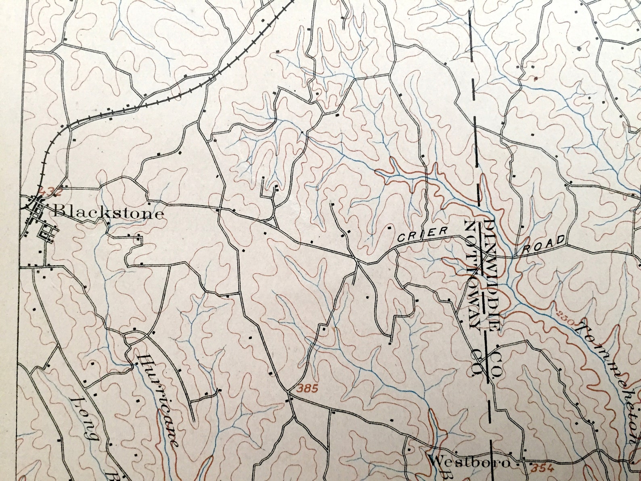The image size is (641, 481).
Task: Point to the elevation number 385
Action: coord(308,389)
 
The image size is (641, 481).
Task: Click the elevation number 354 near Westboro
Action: coord(540,468)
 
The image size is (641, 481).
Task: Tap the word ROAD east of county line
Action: coord(544,245)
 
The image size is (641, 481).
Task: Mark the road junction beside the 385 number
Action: coord(289,391)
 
